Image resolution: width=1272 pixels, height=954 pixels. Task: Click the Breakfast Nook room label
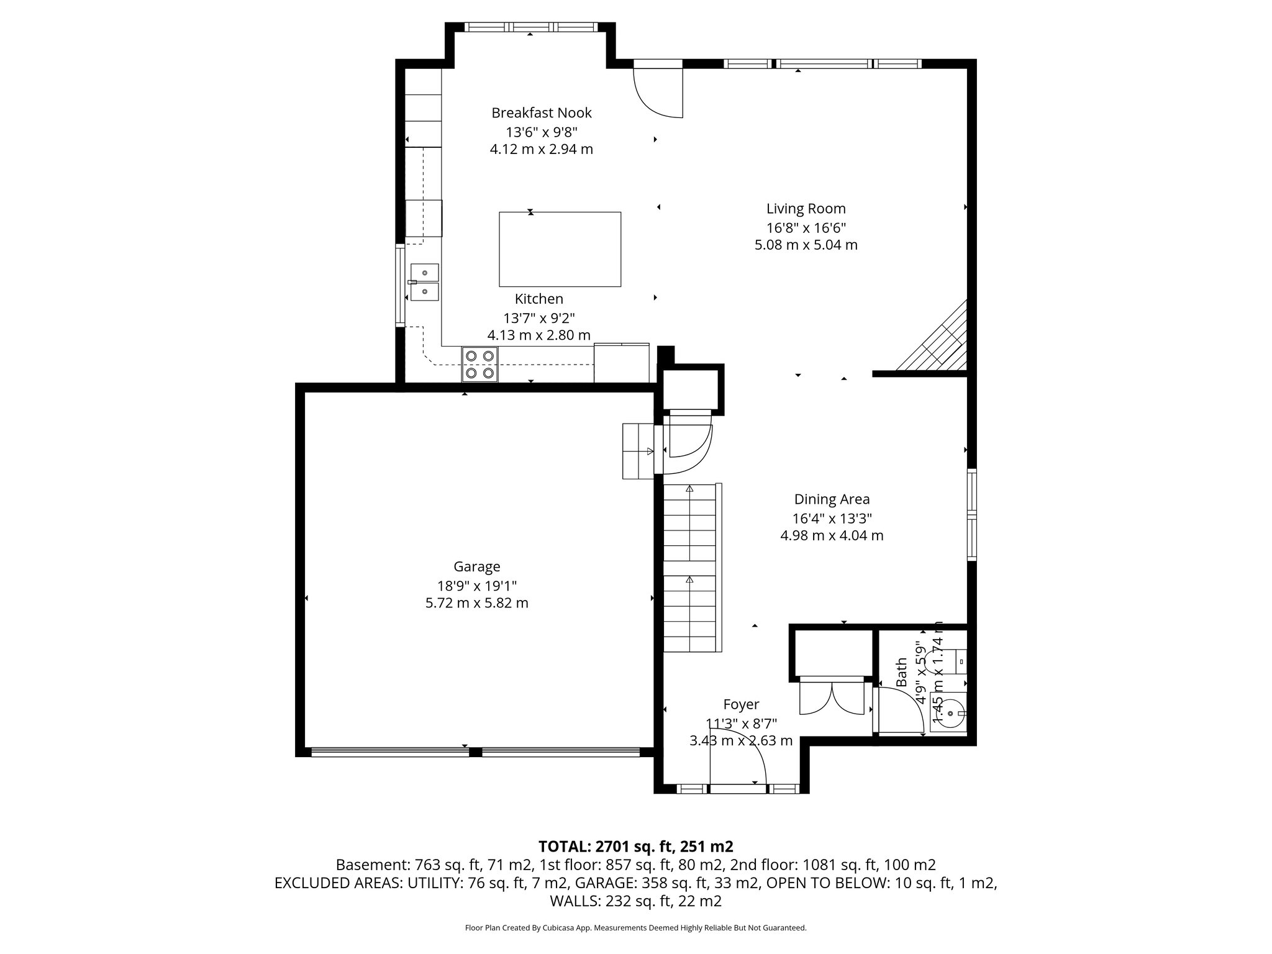[541, 113]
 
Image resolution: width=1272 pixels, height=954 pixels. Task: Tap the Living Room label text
[806, 209]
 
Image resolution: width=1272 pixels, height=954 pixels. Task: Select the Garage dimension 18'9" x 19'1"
[476, 585]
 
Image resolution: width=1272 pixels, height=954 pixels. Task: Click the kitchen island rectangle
[560, 249]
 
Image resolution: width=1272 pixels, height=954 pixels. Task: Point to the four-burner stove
[479, 365]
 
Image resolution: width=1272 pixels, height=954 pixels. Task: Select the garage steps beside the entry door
[638, 451]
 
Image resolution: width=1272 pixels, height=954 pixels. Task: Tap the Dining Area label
[832, 499]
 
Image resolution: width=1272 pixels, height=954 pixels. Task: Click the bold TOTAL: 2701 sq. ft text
[635, 846]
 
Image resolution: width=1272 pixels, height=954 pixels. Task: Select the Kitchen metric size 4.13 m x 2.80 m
[538, 335]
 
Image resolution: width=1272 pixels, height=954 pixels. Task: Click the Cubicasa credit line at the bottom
[635, 928]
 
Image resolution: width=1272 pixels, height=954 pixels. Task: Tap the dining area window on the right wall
[971, 516]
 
